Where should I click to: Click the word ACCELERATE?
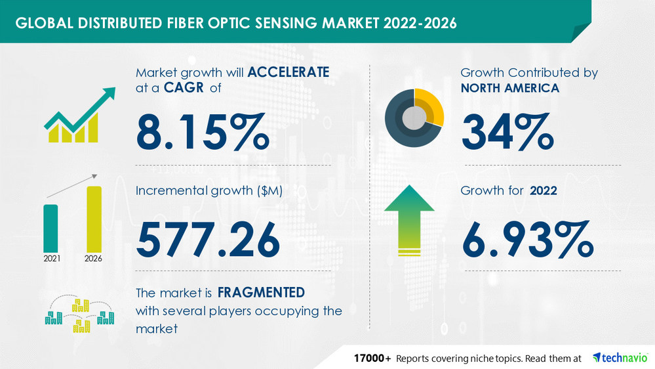pos(287,73)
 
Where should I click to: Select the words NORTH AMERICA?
pos(510,88)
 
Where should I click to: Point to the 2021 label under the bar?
pos(52,258)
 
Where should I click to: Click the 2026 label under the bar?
pos(94,258)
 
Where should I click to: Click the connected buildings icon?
pos(79,313)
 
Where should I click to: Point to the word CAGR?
pos(177,89)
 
